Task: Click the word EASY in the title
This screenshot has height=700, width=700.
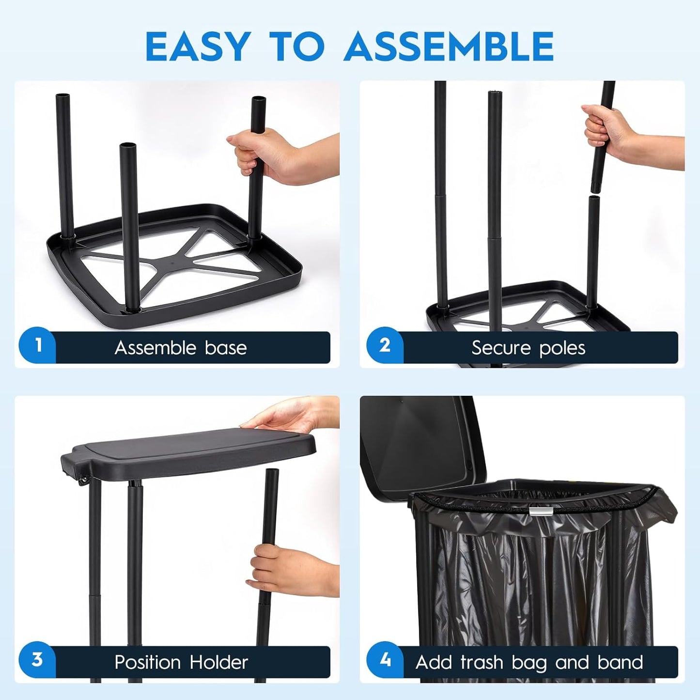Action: click(x=198, y=47)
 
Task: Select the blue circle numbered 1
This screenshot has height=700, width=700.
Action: click(x=38, y=345)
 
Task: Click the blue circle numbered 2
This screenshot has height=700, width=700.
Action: click(x=385, y=345)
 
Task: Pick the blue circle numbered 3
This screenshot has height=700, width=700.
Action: click(x=38, y=660)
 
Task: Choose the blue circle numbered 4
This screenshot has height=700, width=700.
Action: click(x=385, y=660)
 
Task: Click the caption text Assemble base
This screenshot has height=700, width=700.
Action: click(x=181, y=348)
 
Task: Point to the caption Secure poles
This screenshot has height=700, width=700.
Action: click(x=528, y=348)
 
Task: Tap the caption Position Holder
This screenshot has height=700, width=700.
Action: click(x=181, y=662)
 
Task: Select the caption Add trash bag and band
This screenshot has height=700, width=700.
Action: click(x=529, y=662)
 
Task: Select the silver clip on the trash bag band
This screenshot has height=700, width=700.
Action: click(x=540, y=511)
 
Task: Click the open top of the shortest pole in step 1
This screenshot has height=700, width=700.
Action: click(x=128, y=146)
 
